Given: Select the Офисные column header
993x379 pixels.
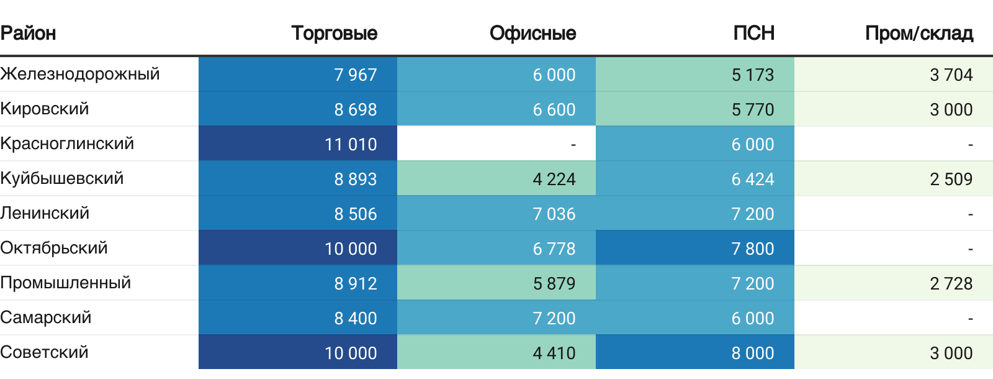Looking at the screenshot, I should (x=532, y=33).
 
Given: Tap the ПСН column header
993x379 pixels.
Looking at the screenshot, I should (x=753, y=33).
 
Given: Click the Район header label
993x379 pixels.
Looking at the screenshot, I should (x=28, y=33).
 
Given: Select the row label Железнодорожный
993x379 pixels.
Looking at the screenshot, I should (x=80, y=74).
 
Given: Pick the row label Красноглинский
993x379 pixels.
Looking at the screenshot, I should (x=67, y=144).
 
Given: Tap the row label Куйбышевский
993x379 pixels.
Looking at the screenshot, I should (x=62, y=178).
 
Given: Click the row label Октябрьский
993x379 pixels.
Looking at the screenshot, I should (x=54, y=248).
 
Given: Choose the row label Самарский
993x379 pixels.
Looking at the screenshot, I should (x=46, y=317).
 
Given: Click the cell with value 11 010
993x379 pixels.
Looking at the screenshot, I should (x=351, y=144).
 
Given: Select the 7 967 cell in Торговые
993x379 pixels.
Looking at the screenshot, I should (x=355, y=75).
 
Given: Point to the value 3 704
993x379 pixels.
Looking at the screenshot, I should (x=951, y=75).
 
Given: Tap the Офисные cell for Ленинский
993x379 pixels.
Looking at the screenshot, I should (x=554, y=214).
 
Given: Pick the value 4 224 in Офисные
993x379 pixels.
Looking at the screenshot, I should (x=554, y=179).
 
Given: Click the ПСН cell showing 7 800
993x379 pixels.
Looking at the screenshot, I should (x=752, y=249).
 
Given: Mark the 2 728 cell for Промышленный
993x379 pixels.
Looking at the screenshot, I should (x=951, y=283).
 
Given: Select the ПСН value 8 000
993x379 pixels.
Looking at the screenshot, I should (x=752, y=353).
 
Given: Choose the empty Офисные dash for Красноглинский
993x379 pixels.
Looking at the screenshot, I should (x=573, y=144).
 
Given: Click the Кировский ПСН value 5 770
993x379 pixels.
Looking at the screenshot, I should (x=752, y=109).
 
